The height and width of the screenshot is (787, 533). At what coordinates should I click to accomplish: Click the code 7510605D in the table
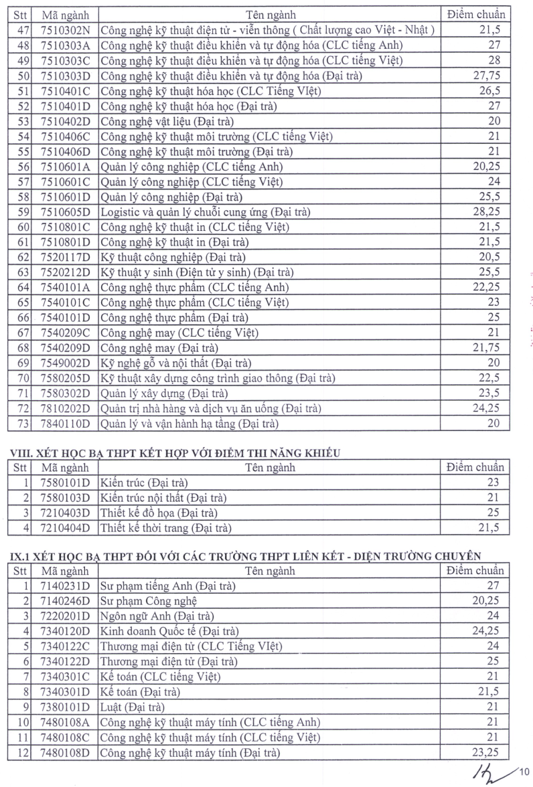[65, 211]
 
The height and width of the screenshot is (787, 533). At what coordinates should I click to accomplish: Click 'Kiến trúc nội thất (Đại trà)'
[163, 497]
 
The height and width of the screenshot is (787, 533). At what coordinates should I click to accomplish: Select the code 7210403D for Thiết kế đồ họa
[65, 513]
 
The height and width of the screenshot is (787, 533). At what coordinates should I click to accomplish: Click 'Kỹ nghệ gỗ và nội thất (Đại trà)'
[175, 363]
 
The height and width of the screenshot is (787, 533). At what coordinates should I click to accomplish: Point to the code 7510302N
[65, 30]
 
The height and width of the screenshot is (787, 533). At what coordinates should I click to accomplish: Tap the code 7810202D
[65, 408]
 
